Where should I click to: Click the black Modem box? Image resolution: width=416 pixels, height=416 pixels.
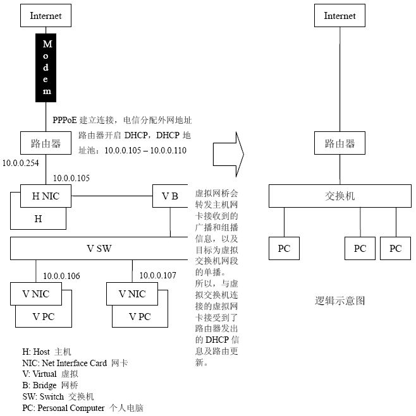click(47, 68)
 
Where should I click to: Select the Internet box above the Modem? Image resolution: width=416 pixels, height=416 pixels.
click(46, 16)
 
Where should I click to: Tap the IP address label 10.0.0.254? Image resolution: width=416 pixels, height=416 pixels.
click(20, 163)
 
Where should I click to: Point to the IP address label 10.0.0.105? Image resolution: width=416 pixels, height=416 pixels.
click(71, 178)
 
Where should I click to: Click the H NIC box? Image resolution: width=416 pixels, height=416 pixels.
click(46, 196)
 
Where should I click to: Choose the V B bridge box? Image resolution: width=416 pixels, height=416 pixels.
click(170, 196)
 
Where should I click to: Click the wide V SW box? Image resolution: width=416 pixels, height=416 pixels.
click(99, 248)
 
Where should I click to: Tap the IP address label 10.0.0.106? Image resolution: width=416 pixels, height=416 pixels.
click(61, 276)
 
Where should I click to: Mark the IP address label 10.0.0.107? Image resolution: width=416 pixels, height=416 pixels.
click(158, 276)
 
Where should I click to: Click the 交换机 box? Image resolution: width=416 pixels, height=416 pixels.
click(335, 196)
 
